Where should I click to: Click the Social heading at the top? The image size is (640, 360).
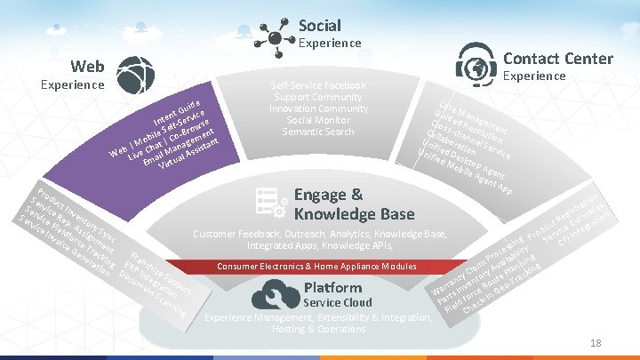click(x=319, y=25)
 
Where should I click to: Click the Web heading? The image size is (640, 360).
click(x=88, y=67)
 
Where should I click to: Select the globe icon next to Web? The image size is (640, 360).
click(x=135, y=75)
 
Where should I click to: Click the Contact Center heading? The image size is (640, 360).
click(x=557, y=59)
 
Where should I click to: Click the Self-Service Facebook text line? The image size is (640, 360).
click(x=316, y=85)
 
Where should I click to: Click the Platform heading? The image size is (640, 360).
click(x=332, y=287)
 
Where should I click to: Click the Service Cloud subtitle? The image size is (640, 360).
click(x=338, y=302)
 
